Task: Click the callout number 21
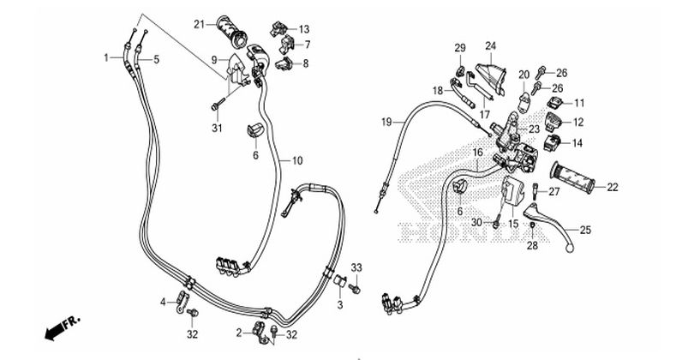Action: pos(198,23)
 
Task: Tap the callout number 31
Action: pos(216,129)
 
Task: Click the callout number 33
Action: pos(357,267)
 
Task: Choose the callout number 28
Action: pos(532,246)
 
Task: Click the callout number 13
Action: pos(304,29)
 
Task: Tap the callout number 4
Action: pos(163,302)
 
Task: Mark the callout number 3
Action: pos(339,305)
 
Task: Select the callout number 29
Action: pos(459,47)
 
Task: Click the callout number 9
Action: pos(217,60)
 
